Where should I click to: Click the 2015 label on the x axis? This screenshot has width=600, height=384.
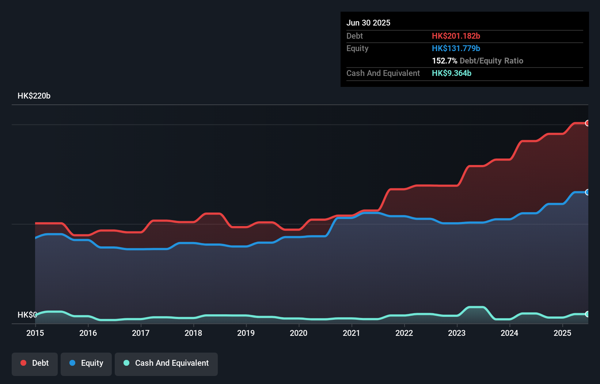tap(35, 333)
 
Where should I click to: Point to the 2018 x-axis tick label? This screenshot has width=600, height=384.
tap(193, 333)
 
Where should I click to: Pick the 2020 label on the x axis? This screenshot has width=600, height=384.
tap(299, 333)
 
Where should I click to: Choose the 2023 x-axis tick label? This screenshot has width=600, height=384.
tap(457, 333)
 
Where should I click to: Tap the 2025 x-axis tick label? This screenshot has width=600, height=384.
tap(562, 333)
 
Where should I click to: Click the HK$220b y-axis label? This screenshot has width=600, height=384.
tap(34, 96)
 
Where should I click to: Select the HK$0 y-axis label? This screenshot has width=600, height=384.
tap(27, 315)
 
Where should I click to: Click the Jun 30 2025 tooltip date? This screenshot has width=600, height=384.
tap(368, 23)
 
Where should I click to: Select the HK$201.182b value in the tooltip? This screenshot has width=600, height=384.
tap(456, 36)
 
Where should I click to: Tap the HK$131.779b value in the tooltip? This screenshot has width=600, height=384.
tap(456, 48)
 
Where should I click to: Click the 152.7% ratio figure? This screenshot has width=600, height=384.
tap(444, 61)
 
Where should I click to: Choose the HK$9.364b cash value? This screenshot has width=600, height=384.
tap(452, 73)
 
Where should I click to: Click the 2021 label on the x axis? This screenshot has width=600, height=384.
tap(352, 333)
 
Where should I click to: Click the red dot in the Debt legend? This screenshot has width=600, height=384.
tap(23, 363)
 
